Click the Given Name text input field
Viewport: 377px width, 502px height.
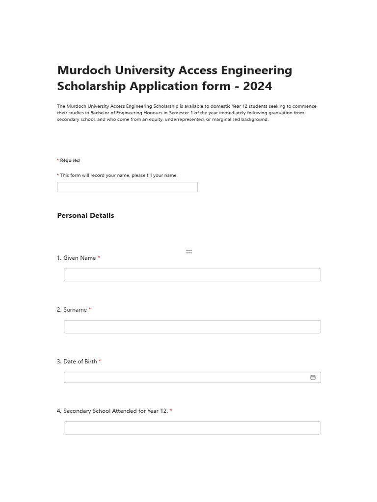coord(192,275)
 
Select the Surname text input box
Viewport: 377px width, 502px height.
coord(192,326)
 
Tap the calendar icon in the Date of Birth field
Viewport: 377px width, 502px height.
coord(313,377)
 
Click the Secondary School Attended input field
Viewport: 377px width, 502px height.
coord(192,428)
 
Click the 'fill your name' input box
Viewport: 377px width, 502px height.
coord(127,187)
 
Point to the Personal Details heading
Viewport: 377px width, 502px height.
coord(85,216)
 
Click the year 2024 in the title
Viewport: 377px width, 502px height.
coord(257,86)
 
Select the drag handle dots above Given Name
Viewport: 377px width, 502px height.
coord(189,251)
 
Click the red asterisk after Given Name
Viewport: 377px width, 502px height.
coord(99,258)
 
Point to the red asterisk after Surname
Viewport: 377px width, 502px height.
coord(90,310)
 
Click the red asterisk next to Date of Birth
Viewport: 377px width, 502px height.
coord(100,361)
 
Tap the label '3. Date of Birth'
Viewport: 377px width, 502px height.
coord(77,362)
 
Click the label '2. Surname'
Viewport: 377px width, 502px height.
coord(72,310)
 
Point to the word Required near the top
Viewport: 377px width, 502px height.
coord(70,160)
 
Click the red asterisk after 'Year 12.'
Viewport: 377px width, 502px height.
coord(171,411)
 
